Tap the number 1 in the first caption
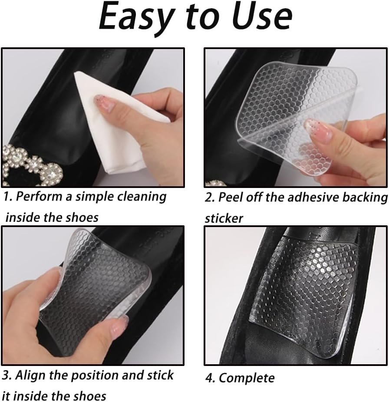[6, 197]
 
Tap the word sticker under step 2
[224, 218]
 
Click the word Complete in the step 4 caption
[246, 378]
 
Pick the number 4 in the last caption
[209, 378]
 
